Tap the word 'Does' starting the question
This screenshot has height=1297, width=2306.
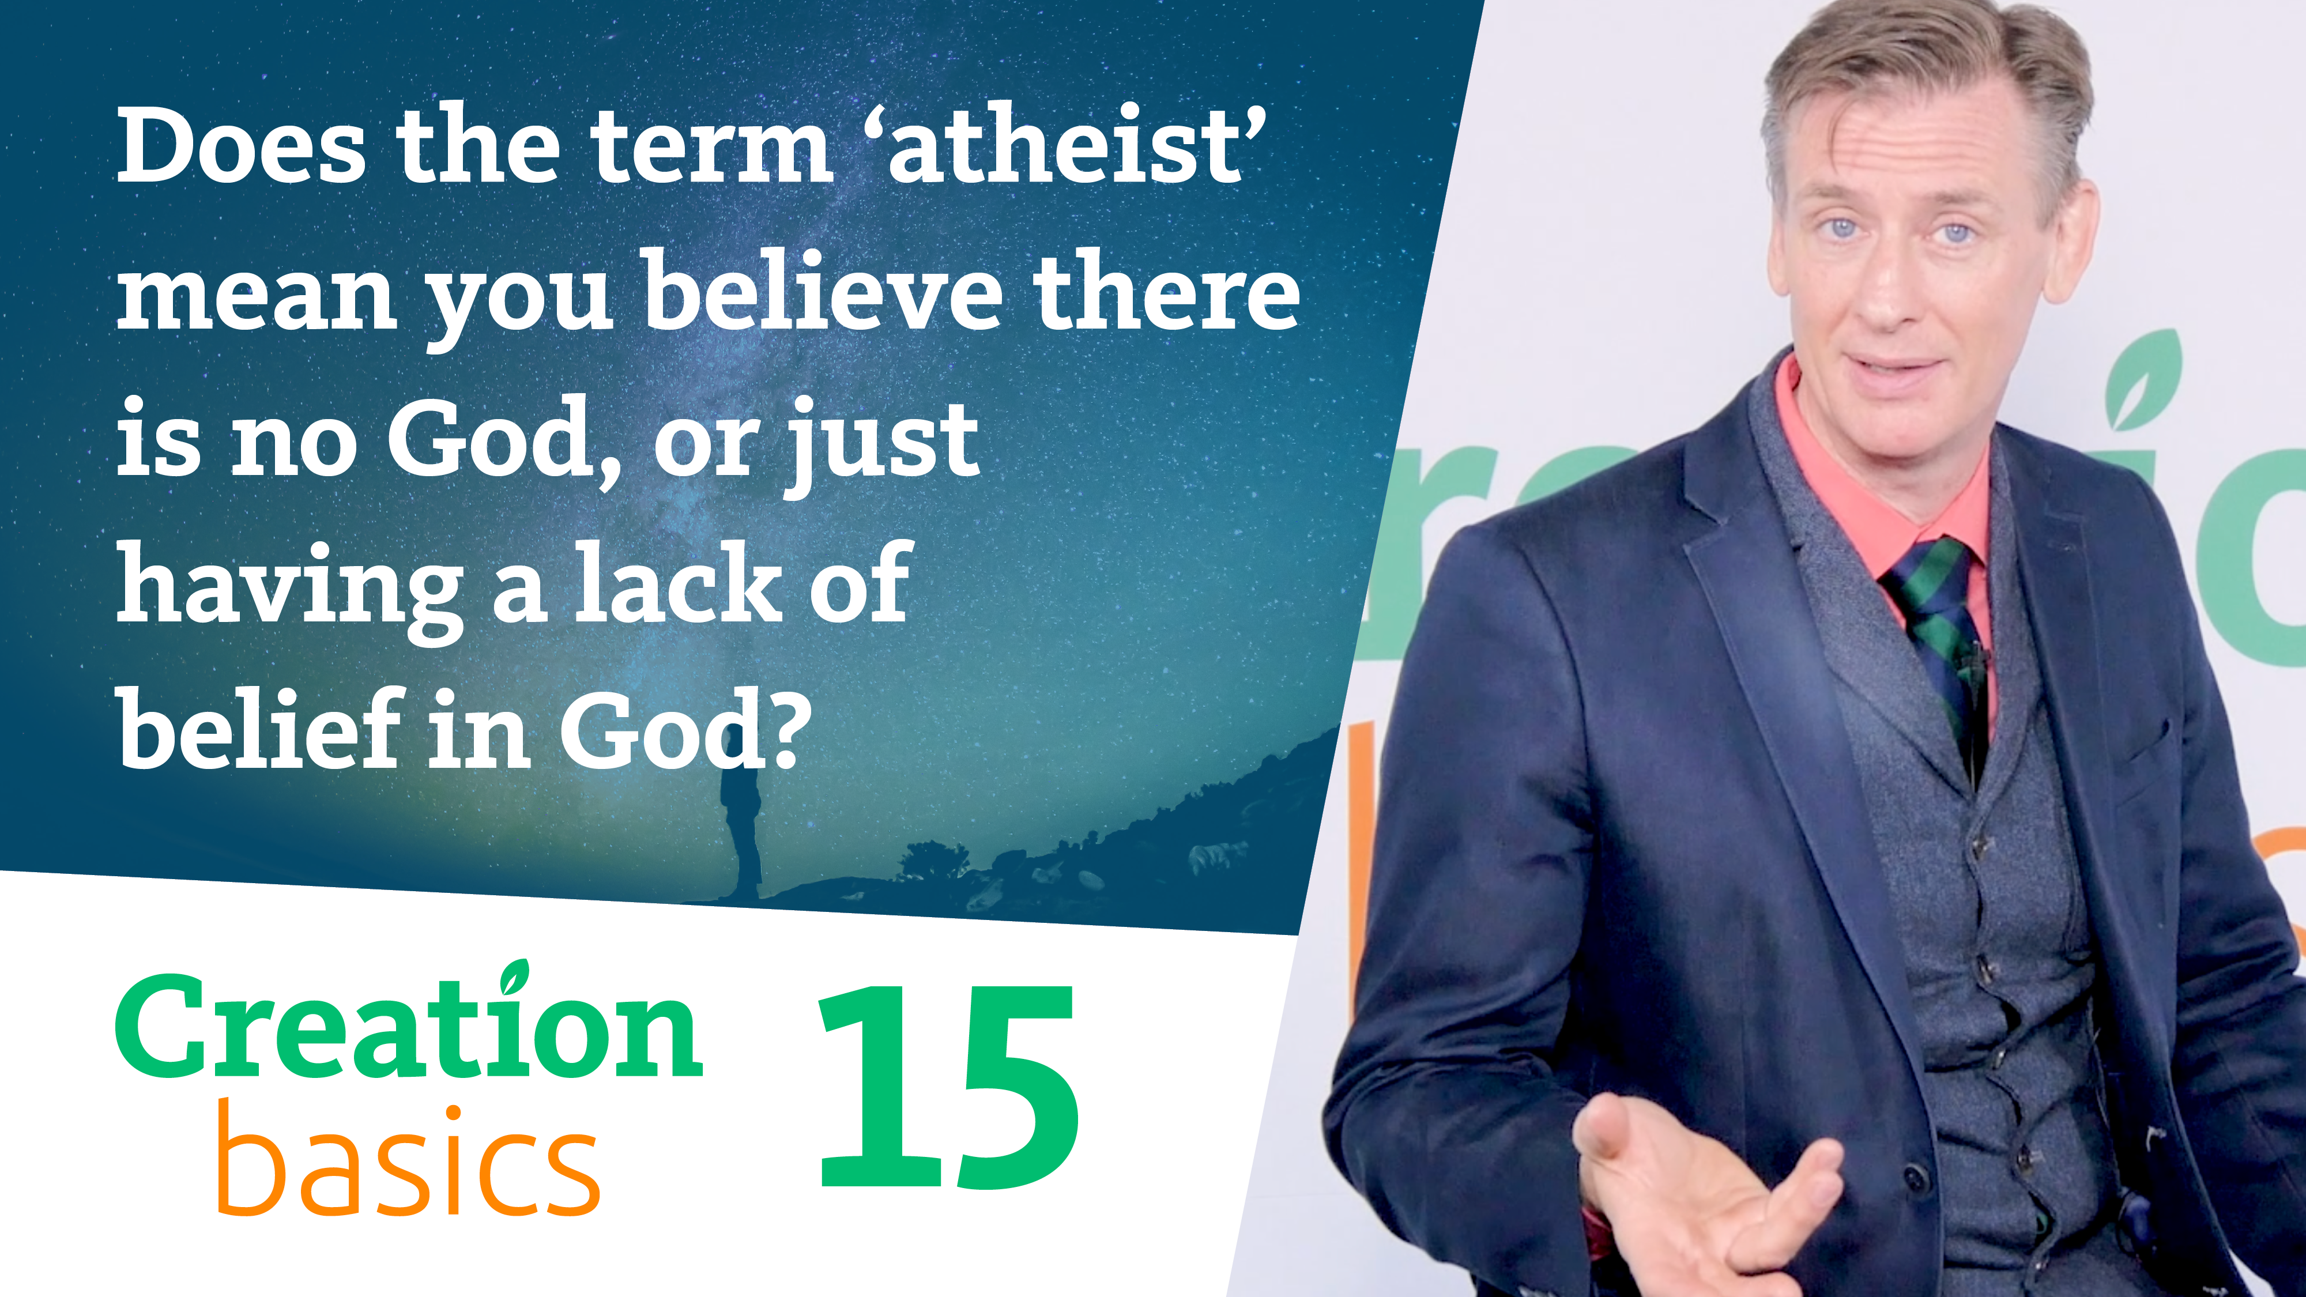(242, 145)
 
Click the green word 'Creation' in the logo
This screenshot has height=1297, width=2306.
(408, 1030)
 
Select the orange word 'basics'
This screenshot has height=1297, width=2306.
(408, 1164)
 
